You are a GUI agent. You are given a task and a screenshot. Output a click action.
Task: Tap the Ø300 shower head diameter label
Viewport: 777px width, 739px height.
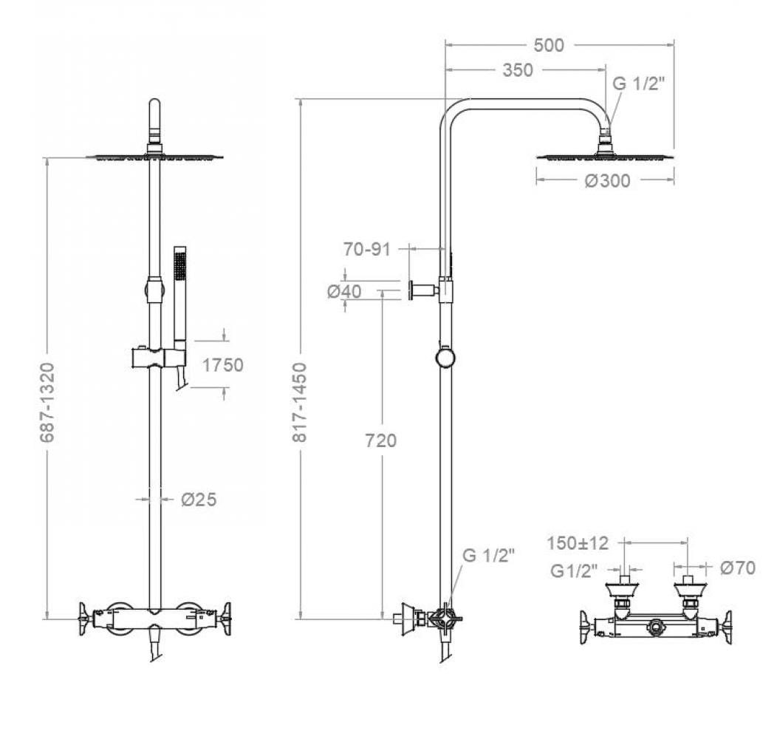[607, 180]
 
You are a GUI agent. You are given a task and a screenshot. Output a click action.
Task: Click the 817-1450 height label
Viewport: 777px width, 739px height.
[300, 403]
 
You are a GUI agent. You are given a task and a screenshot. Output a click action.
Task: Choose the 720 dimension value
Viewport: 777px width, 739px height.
[380, 441]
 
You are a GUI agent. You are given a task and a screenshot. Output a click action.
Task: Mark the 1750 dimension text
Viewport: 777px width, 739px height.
[222, 364]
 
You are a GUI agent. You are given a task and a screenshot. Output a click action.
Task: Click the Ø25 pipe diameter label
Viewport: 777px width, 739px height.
[199, 500]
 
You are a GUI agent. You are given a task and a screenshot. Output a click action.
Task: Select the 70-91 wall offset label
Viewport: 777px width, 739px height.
[366, 249]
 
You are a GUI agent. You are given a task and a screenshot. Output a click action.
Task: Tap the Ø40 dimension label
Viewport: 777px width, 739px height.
[344, 291]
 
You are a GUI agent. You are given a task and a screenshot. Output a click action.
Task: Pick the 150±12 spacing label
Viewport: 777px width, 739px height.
[578, 543]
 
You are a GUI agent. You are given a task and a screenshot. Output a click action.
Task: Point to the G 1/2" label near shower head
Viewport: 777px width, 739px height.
[639, 83]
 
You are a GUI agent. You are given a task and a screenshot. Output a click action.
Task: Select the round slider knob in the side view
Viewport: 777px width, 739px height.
[445, 358]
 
